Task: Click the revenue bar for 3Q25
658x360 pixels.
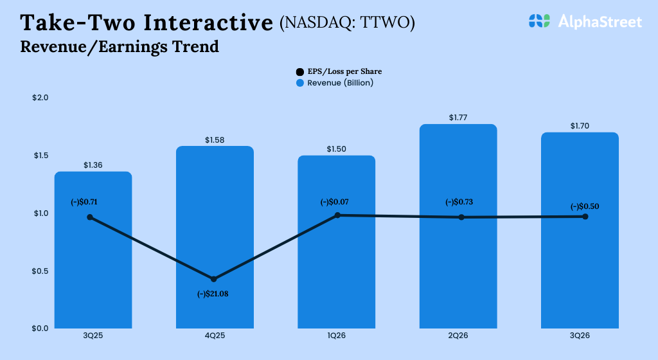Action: (x=93, y=270)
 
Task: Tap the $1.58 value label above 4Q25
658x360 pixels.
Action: (x=215, y=139)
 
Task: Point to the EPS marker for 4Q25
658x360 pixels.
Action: (x=214, y=279)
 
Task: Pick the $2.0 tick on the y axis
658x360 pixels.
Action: (x=40, y=98)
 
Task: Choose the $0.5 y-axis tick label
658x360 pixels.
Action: (x=40, y=271)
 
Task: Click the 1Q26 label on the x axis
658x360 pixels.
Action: (x=336, y=336)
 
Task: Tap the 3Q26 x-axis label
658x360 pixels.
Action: (x=580, y=336)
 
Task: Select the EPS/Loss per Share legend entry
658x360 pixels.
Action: (x=343, y=71)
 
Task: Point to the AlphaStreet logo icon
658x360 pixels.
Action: (x=539, y=21)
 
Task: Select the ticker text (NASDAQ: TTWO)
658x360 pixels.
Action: (x=347, y=24)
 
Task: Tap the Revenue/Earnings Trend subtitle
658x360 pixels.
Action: (x=120, y=47)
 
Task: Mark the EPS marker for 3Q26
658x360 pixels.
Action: (x=585, y=217)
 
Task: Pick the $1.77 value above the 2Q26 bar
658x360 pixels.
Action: (x=458, y=118)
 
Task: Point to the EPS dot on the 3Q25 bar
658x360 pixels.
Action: (x=90, y=217)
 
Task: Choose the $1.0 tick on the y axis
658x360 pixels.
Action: (x=40, y=213)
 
